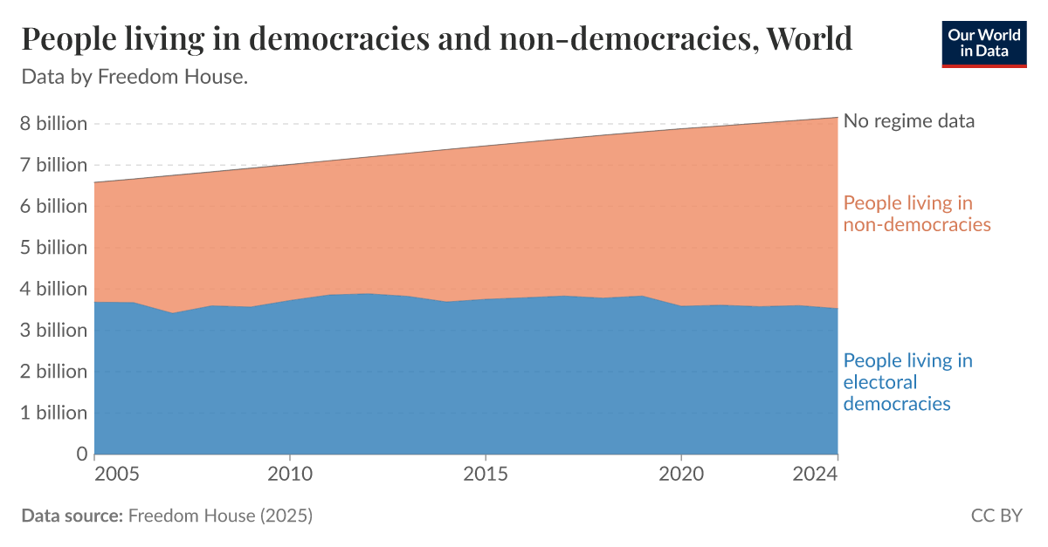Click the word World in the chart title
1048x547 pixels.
click(x=809, y=39)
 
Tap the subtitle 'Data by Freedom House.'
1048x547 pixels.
click(x=134, y=77)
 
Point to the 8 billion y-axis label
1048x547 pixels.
click(x=54, y=124)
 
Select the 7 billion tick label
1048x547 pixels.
click(x=54, y=165)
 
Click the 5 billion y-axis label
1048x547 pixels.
click(x=54, y=248)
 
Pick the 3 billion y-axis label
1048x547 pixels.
click(x=54, y=331)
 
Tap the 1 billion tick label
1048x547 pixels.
click(x=54, y=413)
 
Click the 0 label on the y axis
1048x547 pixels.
click(x=82, y=454)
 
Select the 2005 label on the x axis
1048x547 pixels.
click(x=116, y=475)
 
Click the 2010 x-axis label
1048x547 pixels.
click(x=289, y=475)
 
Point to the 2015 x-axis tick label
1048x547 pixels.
click(x=485, y=475)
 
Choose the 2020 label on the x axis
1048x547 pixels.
click(x=681, y=475)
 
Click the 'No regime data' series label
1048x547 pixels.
click(x=908, y=121)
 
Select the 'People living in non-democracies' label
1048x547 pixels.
click(x=916, y=214)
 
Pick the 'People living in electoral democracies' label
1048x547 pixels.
click(x=907, y=382)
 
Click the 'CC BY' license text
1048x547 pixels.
click(x=996, y=516)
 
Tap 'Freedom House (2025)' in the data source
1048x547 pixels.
click(x=220, y=516)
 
